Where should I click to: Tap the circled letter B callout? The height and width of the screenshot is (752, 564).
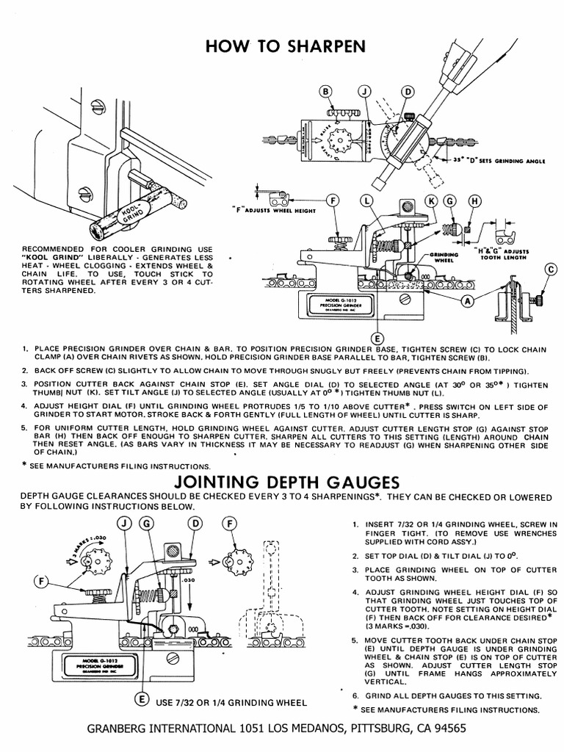pyautogui.click(x=327, y=91)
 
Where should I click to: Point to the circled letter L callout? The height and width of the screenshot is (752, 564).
pyautogui.click(x=367, y=200)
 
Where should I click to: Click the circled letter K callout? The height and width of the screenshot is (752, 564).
pyautogui.click(x=431, y=200)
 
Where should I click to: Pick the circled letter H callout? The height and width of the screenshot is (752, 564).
pyautogui.click(x=475, y=200)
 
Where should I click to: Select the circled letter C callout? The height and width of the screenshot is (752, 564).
pyautogui.click(x=552, y=270)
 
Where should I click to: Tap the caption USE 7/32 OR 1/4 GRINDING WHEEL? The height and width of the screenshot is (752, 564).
pyautogui.click(x=231, y=703)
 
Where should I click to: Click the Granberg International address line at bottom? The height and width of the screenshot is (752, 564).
pyautogui.click(x=275, y=729)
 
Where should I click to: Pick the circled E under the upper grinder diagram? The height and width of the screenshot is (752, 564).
pyautogui.click(x=377, y=339)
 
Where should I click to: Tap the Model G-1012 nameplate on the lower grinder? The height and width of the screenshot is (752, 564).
pyautogui.click(x=93, y=665)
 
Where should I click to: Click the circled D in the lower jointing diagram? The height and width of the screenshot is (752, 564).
pyautogui.click(x=195, y=523)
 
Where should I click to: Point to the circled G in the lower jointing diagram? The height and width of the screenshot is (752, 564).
pyautogui.click(x=147, y=523)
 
